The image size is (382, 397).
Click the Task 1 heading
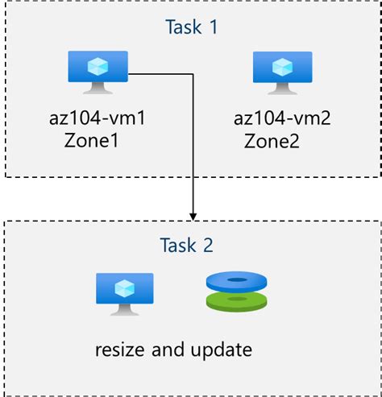[x=192, y=27]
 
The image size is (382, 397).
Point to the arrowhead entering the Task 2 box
[x=193, y=215]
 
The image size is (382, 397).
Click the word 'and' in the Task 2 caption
[x=172, y=350]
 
